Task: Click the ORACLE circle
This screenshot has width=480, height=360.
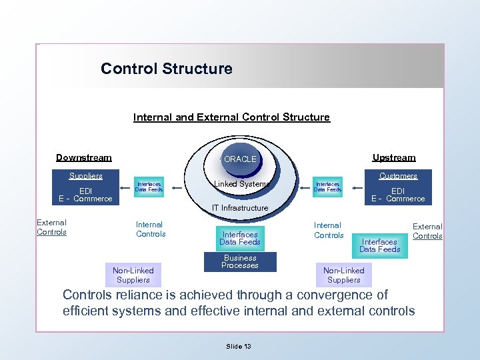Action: (240, 159)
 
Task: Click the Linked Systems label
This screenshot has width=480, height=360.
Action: (241, 184)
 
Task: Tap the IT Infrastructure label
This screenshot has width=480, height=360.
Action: (240, 208)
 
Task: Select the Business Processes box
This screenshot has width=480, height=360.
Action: (240, 261)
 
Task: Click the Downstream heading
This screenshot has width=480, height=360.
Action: (84, 158)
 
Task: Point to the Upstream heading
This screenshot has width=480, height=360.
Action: (394, 158)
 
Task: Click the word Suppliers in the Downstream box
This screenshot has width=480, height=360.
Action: (86, 176)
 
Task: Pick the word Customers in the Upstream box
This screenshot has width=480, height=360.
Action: (398, 176)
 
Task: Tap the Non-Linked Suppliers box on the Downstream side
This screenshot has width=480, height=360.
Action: (133, 275)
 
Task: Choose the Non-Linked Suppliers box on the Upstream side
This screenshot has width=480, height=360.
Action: (344, 275)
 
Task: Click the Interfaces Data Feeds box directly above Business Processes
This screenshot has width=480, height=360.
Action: (240, 238)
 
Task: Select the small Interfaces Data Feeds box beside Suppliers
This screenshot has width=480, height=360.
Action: (149, 187)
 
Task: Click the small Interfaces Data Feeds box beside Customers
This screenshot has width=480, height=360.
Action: (328, 187)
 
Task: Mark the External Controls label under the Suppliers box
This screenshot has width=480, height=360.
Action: (51, 227)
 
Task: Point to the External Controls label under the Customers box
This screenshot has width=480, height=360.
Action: (427, 231)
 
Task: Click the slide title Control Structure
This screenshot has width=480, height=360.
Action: (167, 69)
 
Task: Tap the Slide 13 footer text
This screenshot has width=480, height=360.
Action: (238, 346)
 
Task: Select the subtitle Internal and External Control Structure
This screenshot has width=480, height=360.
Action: (231, 117)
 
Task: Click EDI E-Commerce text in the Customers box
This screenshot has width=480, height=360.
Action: (398, 195)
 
